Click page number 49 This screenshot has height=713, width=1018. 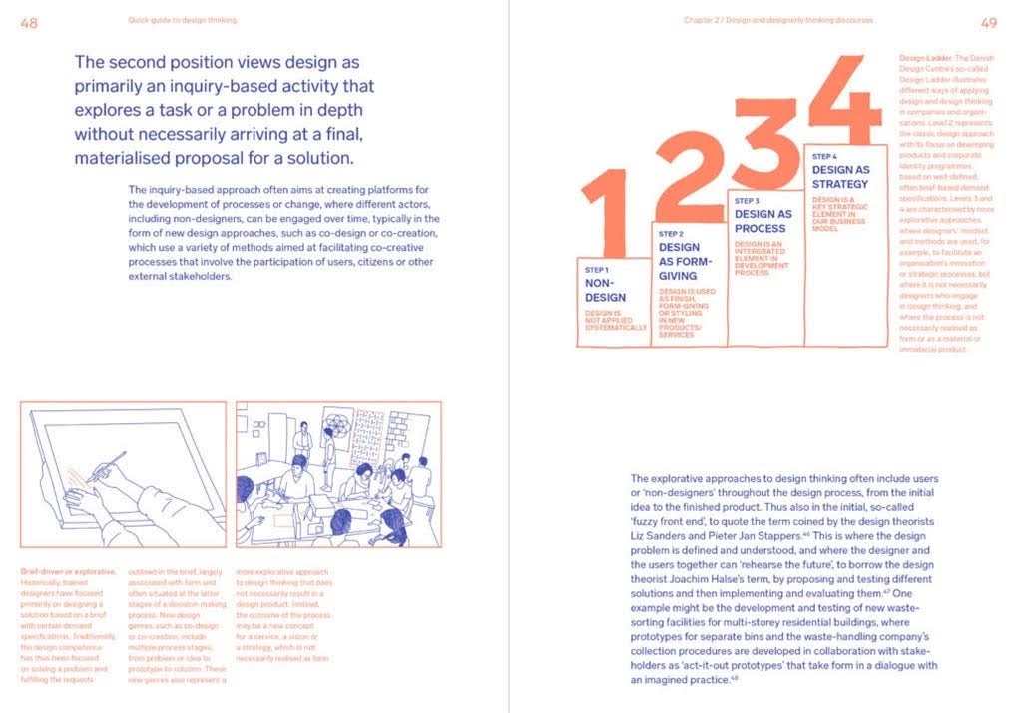point(988,21)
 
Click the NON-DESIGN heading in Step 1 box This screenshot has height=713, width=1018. point(606,290)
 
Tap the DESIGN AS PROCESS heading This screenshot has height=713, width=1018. point(763,221)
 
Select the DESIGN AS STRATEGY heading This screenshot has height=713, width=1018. point(840,177)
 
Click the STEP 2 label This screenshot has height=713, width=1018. point(670,232)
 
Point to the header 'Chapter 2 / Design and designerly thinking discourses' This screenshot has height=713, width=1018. point(778,20)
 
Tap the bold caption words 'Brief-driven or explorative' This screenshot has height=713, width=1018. point(68,571)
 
